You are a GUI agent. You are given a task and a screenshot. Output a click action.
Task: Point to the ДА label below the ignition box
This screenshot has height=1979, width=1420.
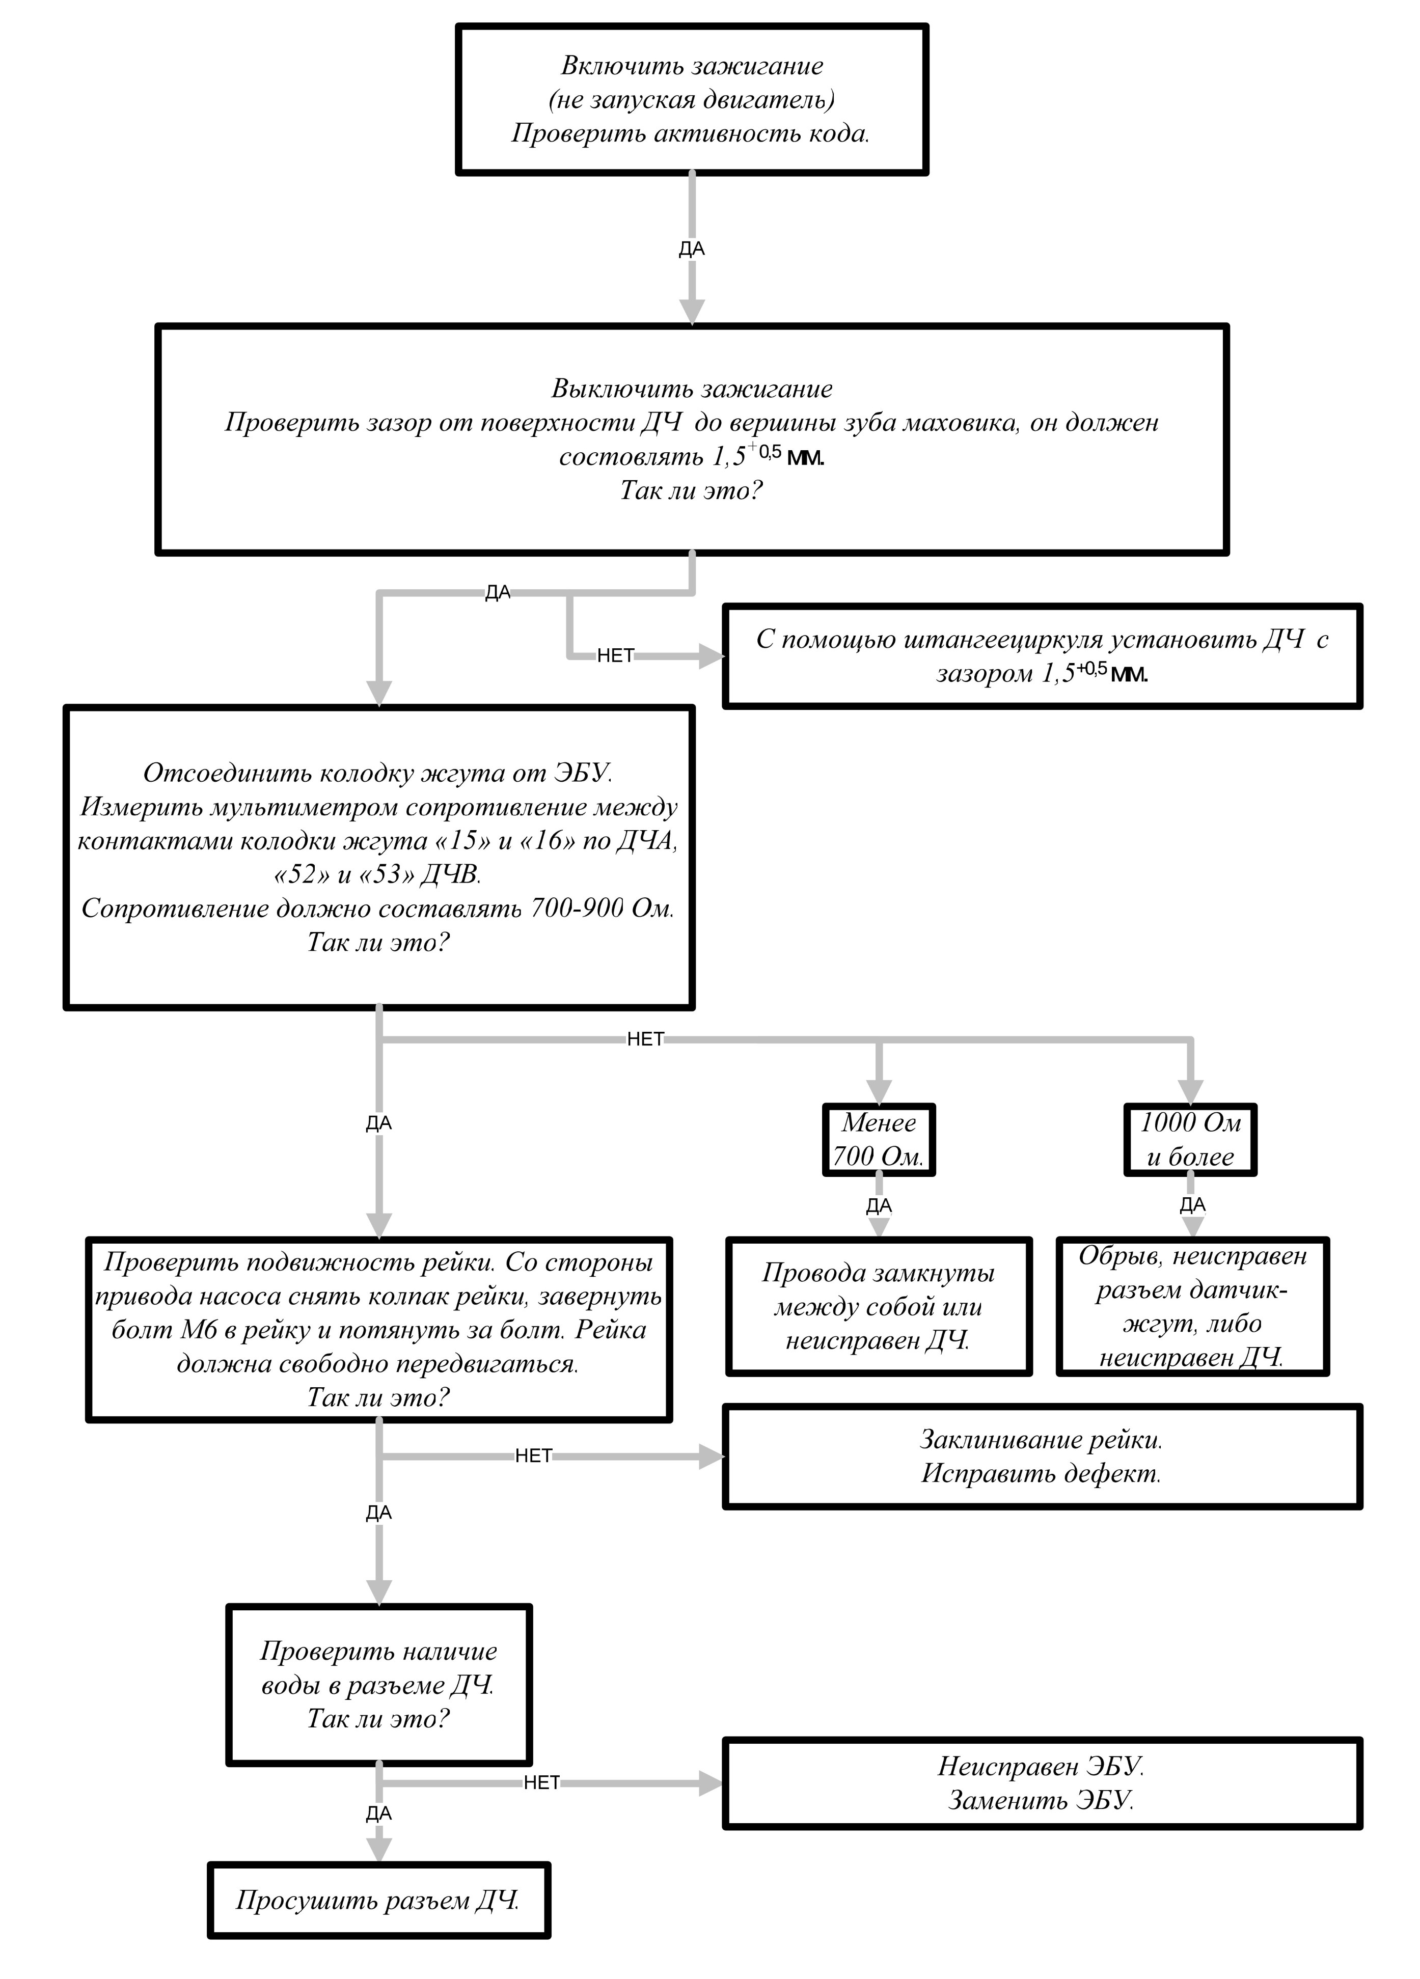(691, 249)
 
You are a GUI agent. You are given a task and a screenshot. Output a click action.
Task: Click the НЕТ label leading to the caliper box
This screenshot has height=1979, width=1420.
(615, 656)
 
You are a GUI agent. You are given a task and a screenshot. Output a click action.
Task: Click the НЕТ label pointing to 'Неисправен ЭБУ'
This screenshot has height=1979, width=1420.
(541, 1782)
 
